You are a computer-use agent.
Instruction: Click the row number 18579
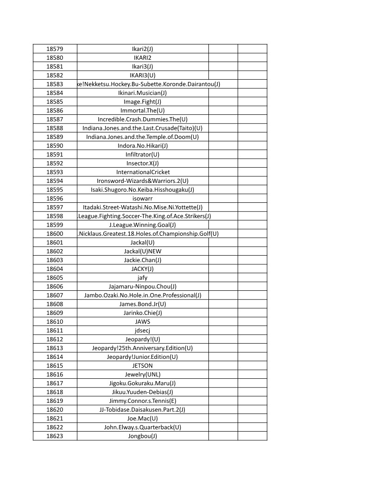(x=55, y=49)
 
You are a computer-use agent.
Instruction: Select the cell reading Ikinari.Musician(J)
(x=142, y=93)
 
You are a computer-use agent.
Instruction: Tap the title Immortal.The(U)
(x=142, y=110)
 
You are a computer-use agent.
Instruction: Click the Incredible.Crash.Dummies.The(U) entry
(x=142, y=119)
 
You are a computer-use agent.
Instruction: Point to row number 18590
(x=55, y=145)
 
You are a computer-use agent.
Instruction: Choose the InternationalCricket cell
(x=143, y=172)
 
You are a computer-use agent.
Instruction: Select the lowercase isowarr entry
(x=142, y=198)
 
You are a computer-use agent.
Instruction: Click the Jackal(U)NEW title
(x=142, y=251)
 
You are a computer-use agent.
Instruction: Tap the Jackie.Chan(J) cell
(x=142, y=260)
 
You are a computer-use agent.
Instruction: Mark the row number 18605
(x=55, y=277)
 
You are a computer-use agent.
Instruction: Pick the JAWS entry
(x=142, y=321)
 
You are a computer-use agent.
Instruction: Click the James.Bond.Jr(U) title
(x=142, y=304)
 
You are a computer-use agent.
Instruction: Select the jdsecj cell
(x=142, y=330)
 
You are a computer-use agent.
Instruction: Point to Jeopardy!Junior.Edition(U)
(x=142, y=357)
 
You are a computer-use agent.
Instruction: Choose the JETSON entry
(x=142, y=365)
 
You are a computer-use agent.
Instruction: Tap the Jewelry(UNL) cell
(x=142, y=374)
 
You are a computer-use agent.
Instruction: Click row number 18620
(x=55, y=409)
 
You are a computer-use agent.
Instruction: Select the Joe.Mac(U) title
(x=142, y=418)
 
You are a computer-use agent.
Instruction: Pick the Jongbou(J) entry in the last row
(x=142, y=436)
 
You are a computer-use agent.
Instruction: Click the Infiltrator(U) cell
(x=142, y=154)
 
